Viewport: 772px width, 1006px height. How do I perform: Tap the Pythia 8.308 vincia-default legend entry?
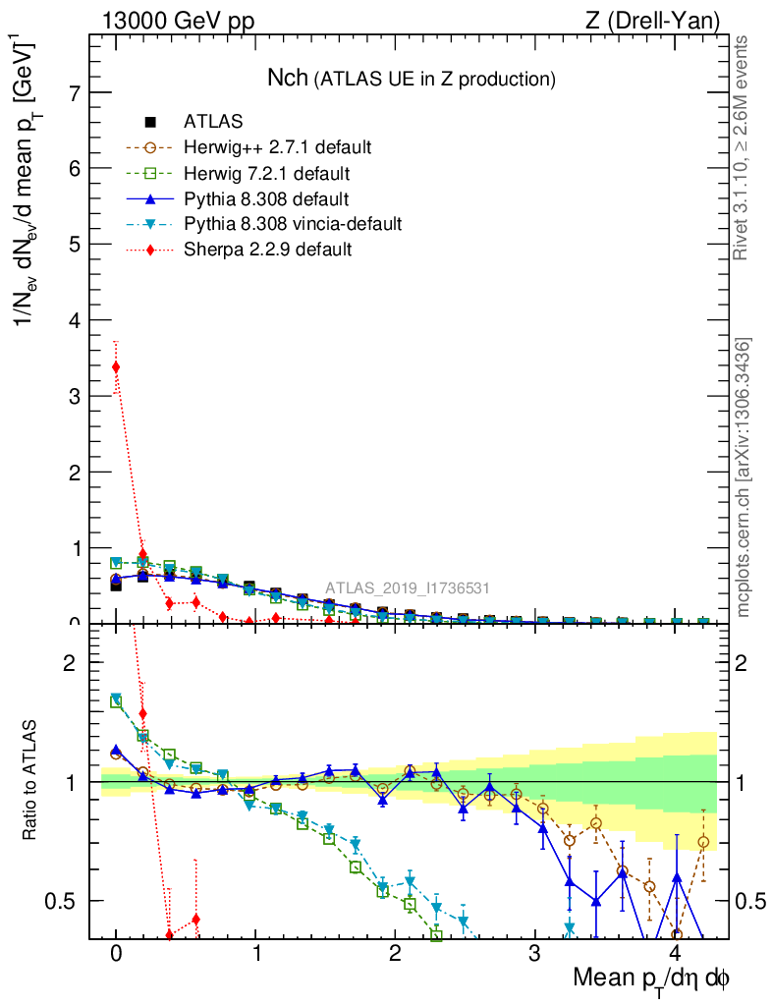click(292, 224)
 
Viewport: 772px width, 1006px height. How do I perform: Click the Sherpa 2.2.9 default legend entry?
click(267, 250)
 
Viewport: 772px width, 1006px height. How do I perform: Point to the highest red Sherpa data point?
click(116, 367)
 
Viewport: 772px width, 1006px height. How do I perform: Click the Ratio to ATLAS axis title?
click(30, 781)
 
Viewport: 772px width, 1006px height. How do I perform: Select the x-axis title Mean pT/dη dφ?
click(651, 979)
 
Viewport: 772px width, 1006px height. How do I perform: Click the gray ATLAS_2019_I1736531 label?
click(408, 588)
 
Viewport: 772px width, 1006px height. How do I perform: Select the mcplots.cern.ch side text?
click(744, 476)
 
